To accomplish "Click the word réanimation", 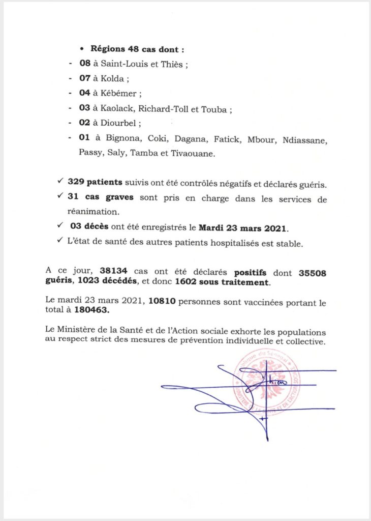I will tap(94, 213).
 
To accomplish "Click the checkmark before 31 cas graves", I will tap(60, 198).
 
